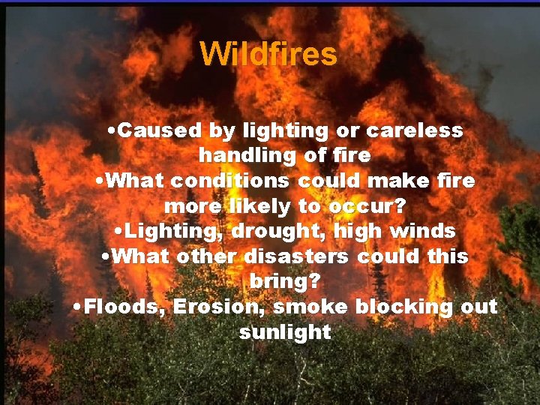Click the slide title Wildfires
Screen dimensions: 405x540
268,54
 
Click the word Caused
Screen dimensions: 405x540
160,130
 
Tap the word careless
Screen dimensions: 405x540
414,130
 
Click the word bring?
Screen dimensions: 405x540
284,282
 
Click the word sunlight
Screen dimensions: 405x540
285,332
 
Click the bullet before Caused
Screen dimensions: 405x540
111,130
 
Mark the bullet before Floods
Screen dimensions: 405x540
79,307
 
